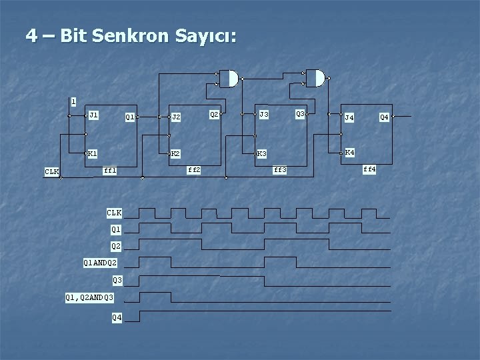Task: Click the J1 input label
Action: pyautogui.click(x=93, y=115)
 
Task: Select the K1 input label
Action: pyautogui.click(x=93, y=153)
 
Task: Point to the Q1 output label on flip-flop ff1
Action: pyautogui.click(x=130, y=117)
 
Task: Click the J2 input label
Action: pyautogui.click(x=176, y=117)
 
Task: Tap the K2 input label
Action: pyautogui.click(x=175, y=153)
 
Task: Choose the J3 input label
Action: pyautogui.click(x=264, y=115)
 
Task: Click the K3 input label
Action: pyautogui.click(x=262, y=154)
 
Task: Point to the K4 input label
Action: pyautogui.click(x=349, y=153)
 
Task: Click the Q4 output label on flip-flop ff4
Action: pyautogui.click(x=384, y=117)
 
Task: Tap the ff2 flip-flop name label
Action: pyautogui.click(x=194, y=170)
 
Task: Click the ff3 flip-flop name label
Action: pyautogui.click(x=280, y=170)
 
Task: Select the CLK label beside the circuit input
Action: pyautogui.click(x=52, y=172)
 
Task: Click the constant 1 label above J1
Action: pyautogui.click(x=73, y=102)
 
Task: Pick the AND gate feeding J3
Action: pyautogui.click(x=229, y=79)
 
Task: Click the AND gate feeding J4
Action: pyautogui.click(x=317, y=78)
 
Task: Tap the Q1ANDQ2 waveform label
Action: pyautogui.click(x=100, y=263)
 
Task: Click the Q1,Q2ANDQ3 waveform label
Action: pyautogui.click(x=90, y=297)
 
